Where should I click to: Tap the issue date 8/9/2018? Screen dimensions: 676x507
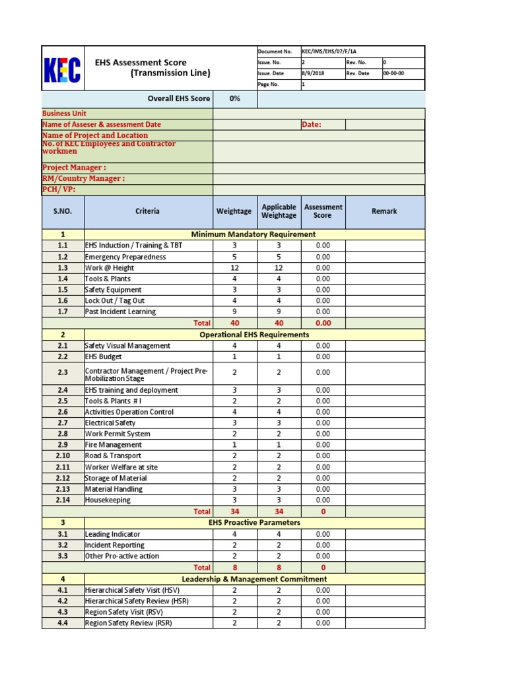pos(312,73)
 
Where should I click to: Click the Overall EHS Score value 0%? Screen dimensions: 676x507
pos(234,98)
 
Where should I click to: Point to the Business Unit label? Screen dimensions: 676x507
pos(64,114)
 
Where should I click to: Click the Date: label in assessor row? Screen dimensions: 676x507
pos(312,124)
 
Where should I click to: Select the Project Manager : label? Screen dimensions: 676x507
pos(74,168)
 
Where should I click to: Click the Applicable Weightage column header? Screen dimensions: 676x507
pos(279,211)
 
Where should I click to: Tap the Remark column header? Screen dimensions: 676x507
pos(384,211)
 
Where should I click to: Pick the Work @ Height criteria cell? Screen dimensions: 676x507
pos(110,268)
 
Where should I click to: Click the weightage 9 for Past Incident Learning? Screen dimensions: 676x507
pos(234,312)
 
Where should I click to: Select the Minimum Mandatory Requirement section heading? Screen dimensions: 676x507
pos(253,234)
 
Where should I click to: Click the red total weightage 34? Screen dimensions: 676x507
pos(234,511)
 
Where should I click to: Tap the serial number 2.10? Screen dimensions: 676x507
pos(63,456)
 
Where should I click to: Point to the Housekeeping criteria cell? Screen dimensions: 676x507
pos(108,500)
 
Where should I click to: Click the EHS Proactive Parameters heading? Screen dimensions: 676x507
pos(254,522)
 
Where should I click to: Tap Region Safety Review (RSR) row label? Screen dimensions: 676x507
pos(128,623)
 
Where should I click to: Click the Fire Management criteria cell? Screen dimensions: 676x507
pos(113,445)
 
